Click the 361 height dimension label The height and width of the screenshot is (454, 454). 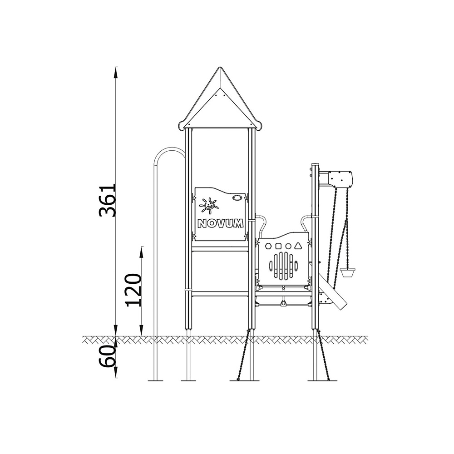pos(107,200)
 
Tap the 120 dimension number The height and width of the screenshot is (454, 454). pos(133,290)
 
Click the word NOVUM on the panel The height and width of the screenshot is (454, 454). pos(220,223)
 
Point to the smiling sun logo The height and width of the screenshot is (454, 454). pos(208,205)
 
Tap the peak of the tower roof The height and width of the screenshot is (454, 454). pos(220,68)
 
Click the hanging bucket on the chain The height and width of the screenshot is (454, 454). pos(348,272)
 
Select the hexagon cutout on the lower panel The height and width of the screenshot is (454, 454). pos(268,246)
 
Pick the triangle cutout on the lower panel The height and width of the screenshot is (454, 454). pos(298,246)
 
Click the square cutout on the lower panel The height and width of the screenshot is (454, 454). pos(278,246)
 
